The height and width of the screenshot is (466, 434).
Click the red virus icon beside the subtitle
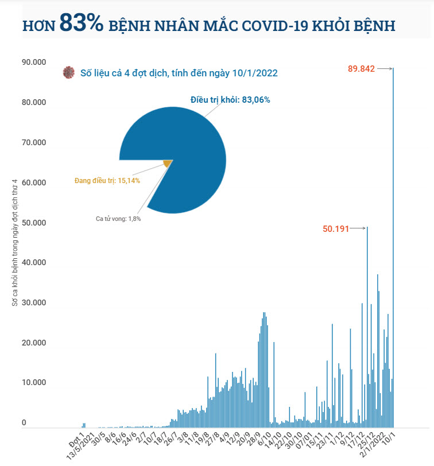click(69, 73)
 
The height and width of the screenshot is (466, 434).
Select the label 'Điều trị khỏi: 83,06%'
click(230, 100)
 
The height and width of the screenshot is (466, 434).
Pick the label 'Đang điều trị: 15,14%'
click(107, 181)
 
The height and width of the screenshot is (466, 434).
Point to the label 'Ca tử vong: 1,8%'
click(118, 219)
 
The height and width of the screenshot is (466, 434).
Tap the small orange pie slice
click(168, 164)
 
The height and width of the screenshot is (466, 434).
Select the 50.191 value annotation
click(336, 228)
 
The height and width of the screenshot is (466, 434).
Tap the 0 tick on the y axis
click(24, 423)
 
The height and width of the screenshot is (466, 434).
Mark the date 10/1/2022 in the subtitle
click(255, 73)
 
